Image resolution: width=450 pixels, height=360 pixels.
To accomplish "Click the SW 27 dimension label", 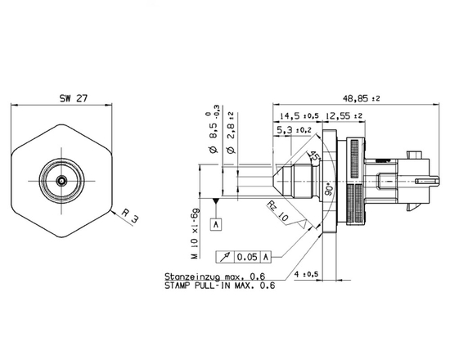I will (73, 97).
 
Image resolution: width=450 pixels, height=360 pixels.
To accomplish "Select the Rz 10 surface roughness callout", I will (277, 215).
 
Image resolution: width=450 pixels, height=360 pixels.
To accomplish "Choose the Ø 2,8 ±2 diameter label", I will (231, 133).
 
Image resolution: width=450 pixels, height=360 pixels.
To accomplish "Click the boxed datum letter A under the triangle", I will (216, 224).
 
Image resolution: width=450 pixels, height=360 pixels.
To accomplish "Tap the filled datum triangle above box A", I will (216, 200).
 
